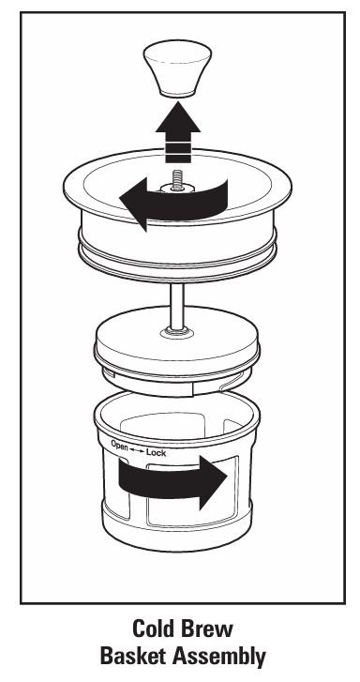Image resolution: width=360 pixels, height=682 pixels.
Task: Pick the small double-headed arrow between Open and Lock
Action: pyautogui.click(x=136, y=448)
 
